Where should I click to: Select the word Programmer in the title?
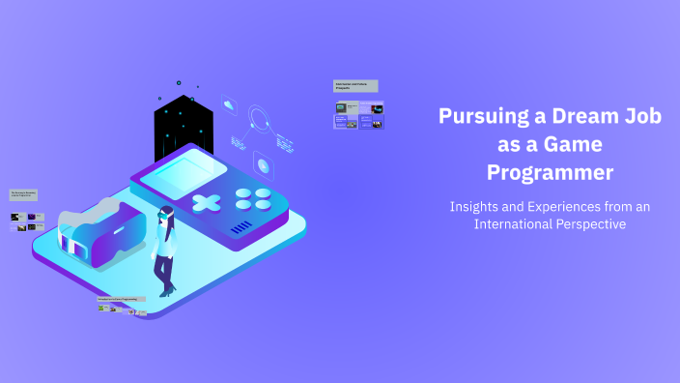pyautogui.click(x=550, y=173)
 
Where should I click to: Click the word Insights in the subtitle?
pyautogui.click(x=477, y=206)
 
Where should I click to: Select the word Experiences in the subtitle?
pyautogui.click(x=555, y=206)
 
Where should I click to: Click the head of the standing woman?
pyautogui.click(x=166, y=214)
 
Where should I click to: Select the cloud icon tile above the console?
pyautogui.click(x=229, y=104)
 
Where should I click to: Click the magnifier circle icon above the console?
pyautogui.click(x=259, y=120)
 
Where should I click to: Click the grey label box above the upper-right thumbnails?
pyautogui.click(x=355, y=86)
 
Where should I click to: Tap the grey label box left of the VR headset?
pyautogui.click(x=24, y=194)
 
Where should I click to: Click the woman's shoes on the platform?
pyautogui.click(x=166, y=290)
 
